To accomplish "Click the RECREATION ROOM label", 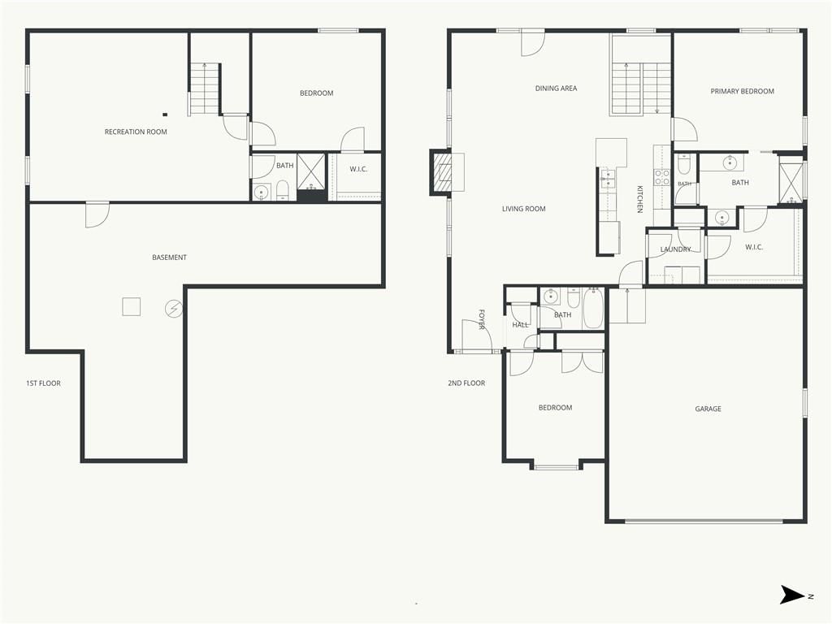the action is point(136,132).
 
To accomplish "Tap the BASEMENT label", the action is point(169,258).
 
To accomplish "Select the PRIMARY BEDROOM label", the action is point(742,91).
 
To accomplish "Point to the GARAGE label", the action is point(708,409).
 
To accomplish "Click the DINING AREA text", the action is point(556,88).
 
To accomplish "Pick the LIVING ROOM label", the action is point(523,209).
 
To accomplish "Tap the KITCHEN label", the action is point(640,199).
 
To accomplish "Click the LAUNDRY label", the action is point(675,249).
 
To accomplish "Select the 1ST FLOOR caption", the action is point(44,383).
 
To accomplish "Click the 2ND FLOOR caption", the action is point(466,383).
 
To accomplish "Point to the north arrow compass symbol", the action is point(792,595).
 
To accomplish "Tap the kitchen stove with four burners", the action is point(661,177).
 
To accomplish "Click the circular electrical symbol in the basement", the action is point(174,308).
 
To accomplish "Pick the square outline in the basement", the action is point(132,306).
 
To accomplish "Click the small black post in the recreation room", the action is point(165,114).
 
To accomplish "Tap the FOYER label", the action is point(482,319).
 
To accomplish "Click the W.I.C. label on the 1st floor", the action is point(358,169).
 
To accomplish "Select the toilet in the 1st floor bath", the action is point(283,190).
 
